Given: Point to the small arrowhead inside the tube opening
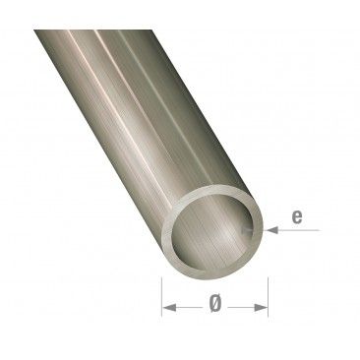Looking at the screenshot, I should [249, 228].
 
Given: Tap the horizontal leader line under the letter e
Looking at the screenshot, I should [300, 229].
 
